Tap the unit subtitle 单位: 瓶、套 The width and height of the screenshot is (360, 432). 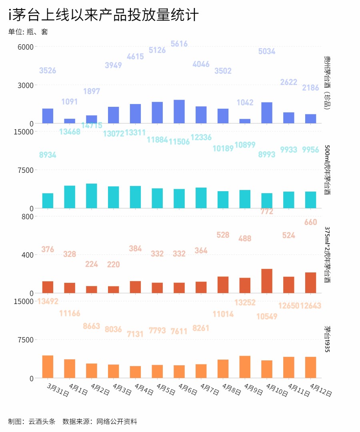click(x=28, y=32)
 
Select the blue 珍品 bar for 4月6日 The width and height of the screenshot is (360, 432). click(x=179, y=112)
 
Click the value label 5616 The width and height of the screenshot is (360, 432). click(x=179, y=44)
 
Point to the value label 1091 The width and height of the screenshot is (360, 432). click(x=70, y=102)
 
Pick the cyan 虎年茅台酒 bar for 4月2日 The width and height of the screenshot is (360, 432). click(x=92, y=196)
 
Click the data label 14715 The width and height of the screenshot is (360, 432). click(x=92, y=125)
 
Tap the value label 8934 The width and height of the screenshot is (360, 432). click(x=48, y=155)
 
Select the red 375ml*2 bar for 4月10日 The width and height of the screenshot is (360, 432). click(x=267, y=281)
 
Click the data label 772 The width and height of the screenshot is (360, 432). click(x=267, y=211)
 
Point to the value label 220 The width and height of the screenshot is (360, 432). click(x=114, y=264)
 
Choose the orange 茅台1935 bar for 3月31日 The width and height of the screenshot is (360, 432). click(x=48, y=366)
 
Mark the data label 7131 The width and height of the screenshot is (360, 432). click(x=135, y=334)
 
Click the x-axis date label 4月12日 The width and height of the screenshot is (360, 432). click(x=321, y=390)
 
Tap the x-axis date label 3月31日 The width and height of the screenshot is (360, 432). click(x=58, y=390)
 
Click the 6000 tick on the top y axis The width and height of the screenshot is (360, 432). click(x=25, y=47)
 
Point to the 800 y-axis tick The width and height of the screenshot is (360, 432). click(x=28, y=216)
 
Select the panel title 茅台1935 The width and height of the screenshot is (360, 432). click(x=327, y=339)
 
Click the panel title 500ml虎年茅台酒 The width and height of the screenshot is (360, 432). click(x=327, y=170)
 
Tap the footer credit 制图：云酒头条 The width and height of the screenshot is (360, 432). click(x=32, y=421)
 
